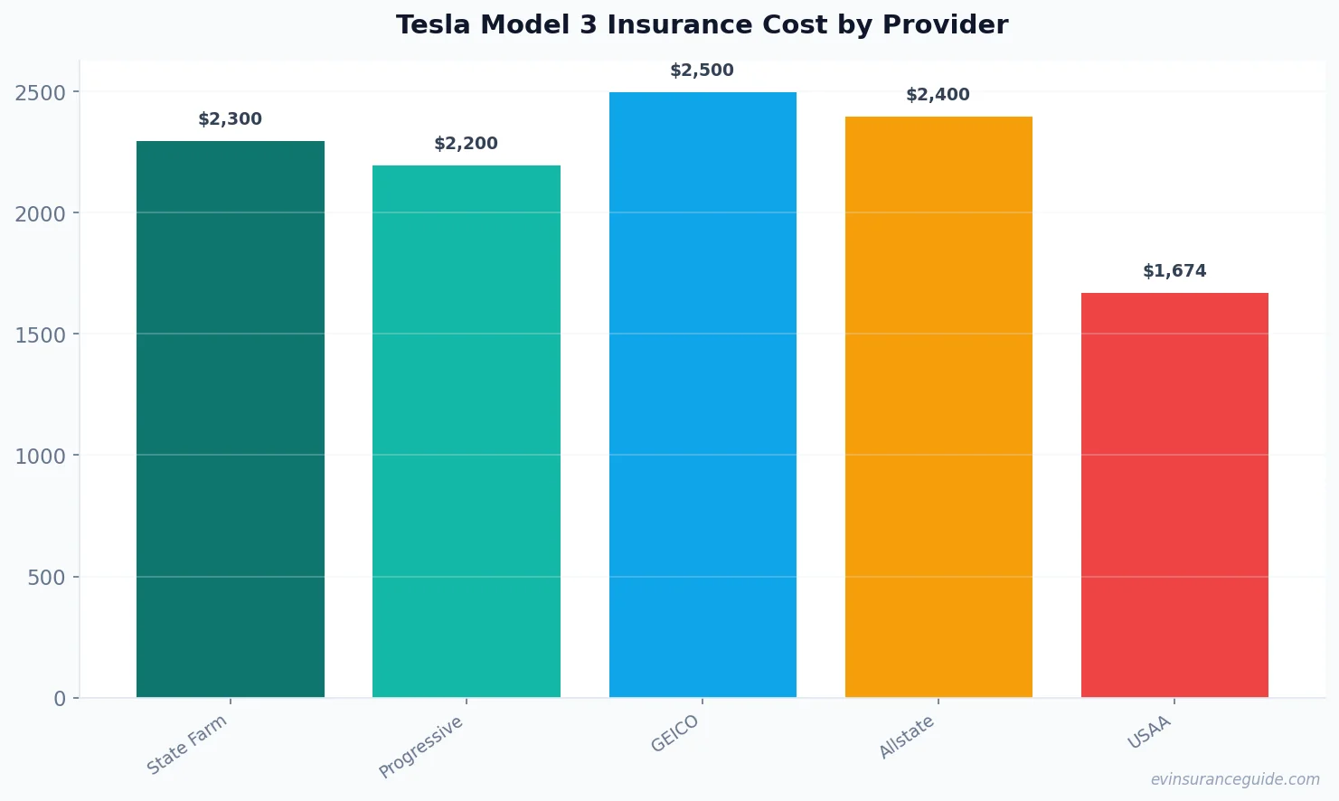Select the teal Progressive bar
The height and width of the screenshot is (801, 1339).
coord(467,431)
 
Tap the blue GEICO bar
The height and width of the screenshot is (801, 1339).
coord(703,394)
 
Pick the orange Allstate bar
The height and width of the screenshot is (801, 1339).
coord(938,407)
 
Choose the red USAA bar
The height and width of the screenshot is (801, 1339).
coord(1174,495)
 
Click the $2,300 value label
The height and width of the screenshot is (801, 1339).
coord(231,119)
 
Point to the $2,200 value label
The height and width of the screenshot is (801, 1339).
coord(467,144)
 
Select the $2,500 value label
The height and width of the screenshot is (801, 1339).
coord(703,71)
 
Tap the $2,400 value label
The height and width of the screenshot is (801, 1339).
coord(938,95)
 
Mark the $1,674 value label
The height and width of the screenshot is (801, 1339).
coord(1174,271)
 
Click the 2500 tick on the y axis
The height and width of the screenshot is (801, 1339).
coord(41,92)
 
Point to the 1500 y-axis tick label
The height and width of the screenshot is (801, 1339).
coord(41,335)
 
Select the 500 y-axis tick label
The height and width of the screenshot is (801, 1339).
coord(46,578)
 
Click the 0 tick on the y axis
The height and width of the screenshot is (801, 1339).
coord(60,699)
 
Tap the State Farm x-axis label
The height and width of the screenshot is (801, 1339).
coord(187,744)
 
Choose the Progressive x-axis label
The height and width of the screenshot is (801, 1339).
coord(421,747)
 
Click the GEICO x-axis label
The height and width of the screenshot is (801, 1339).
coord(674,733)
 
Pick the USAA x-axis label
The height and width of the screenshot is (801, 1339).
coord(1149,732)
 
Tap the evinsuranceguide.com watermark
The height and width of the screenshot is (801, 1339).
coord(1235,779)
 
